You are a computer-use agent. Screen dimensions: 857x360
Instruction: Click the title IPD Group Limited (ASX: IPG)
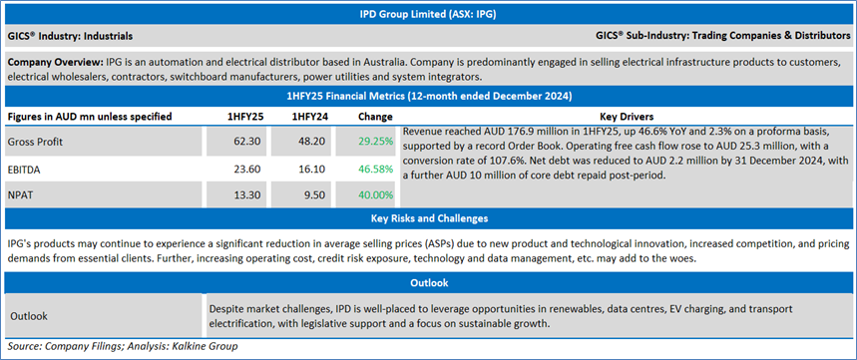(429, 15)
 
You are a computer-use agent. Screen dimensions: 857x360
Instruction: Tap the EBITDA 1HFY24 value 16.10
(313, 170)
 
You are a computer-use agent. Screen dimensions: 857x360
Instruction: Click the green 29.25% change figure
(376, 142)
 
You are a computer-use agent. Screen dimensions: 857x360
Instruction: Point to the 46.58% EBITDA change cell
(376, 170)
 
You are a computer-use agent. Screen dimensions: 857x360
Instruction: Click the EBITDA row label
(24, 170)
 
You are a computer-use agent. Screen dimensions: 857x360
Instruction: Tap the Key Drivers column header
(627, 117)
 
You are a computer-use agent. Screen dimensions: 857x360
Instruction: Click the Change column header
(375, 117)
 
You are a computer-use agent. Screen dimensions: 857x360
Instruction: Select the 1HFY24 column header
(309, 117)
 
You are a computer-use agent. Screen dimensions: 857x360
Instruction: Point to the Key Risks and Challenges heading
(429, 218)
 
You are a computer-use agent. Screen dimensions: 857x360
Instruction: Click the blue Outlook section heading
(429, 283)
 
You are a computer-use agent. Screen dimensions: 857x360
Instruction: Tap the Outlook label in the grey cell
(29, 316)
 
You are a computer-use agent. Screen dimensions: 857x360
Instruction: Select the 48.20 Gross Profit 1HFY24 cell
(313, 142)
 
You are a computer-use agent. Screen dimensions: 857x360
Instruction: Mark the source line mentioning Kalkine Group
(123, 346)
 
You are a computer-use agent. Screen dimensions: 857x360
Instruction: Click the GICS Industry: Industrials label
(70, 36)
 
